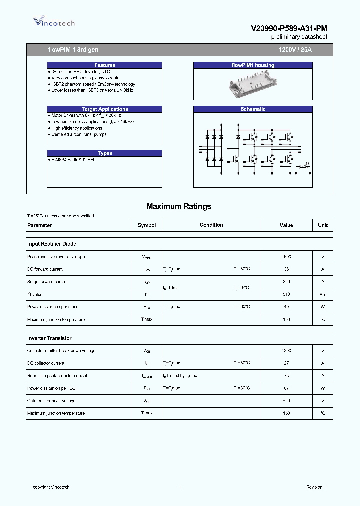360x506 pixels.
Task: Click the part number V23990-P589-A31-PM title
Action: tap(289, 29)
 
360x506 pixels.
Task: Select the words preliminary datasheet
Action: tap(299, 37)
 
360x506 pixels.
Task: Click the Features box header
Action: tap(105, 65)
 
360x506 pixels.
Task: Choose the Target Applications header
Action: tap(105, 109)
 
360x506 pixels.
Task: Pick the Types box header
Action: tap(105, 153)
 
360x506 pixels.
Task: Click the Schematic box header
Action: tap(253, 109)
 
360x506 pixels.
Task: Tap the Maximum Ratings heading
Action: tap(179, 206)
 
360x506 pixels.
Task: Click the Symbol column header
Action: tap(147, 225)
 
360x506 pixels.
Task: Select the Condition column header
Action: tap(211, 225)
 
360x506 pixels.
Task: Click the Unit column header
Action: tap(323, 225)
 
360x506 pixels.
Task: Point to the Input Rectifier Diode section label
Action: tap(52, 244)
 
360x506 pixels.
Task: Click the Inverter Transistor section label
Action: tap(49, 338)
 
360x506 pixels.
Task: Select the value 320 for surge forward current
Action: tap(286, 282)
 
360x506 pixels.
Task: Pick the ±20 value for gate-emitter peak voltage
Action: tap(286, 401)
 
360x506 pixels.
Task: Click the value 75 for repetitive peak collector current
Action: tap(286, 376)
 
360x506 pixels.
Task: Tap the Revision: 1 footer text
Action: tap(316, 487)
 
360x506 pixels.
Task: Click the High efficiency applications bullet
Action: tap(77, 128)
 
